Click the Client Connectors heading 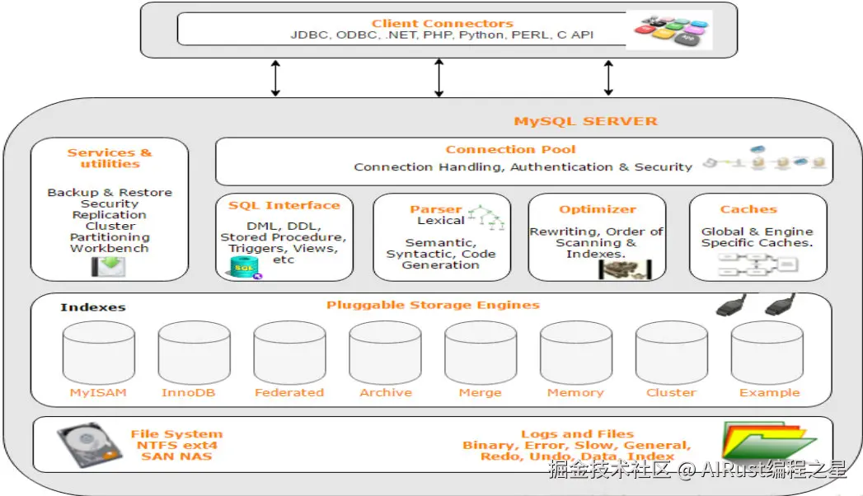coord(442,23)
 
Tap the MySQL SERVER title coord(586,121)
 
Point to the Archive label coord(385,393)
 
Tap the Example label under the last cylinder coord(769,393)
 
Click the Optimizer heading coord(598,209)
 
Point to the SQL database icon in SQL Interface coord(245,267)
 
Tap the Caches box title coord(748,209)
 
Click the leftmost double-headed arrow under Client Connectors coord(276,78)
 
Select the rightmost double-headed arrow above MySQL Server coord(608,78)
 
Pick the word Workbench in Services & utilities coord(110,248)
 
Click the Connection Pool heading coord(510,149)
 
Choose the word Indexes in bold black coord(93,307)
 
